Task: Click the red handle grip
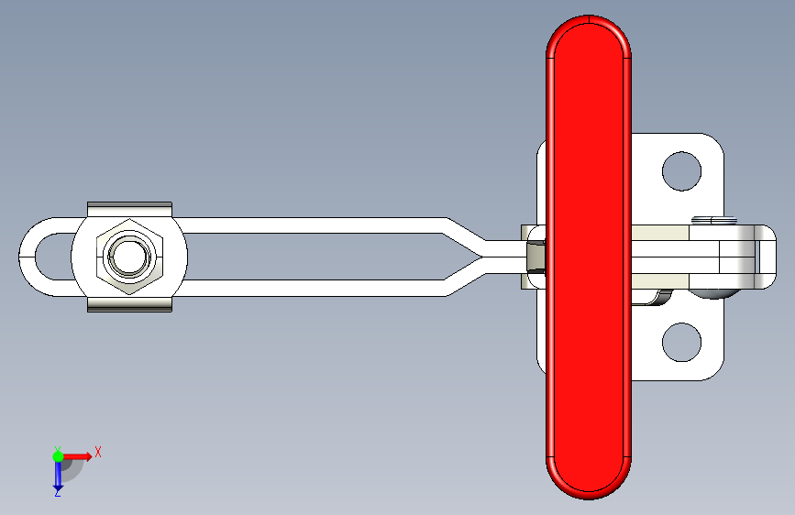(588, 257)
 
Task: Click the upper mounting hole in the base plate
(681, 171)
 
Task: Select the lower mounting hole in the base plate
(681, 342)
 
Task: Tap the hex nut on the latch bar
(130, 257)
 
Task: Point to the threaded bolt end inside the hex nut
(130, 257)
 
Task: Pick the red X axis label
(98, 452)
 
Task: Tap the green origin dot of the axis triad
(58, 456)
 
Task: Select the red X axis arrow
(77, 456)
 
